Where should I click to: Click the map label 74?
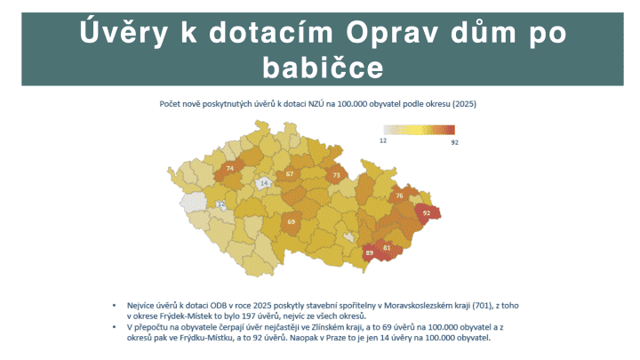pos(230,167)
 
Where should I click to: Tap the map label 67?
pos(290,174)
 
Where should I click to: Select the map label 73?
pos(336,176)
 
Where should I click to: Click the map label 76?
pos(400,196)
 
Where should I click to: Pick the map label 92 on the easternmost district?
pos(427,213)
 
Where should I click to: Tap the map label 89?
pos(370,253)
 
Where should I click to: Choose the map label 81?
pos(388,247)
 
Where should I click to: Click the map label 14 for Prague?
pos(264,183)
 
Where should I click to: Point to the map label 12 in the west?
pos(221,204)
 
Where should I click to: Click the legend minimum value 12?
pos(384,140)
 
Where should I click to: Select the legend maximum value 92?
pos(454,140)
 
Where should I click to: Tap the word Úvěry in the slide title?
pos(129,31)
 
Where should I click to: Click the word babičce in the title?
pos(323,67)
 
